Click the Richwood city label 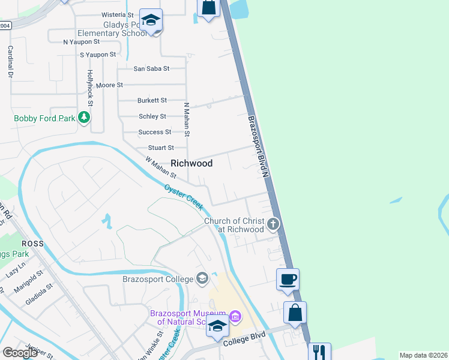(191, 163)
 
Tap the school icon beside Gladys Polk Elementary (151, 20)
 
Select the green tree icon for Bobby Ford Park (85, 118)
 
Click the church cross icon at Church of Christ (273, 224)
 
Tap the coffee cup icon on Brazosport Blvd (287, 280)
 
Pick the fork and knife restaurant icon (319, 352)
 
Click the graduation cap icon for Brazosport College (203, 278)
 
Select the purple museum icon (235, 316)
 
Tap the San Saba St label (151, 69)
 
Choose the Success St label (155, 132)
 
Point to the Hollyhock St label (90, 84)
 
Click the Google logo (20, 353)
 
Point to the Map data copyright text (423, 355)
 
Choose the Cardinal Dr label (10, 62)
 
